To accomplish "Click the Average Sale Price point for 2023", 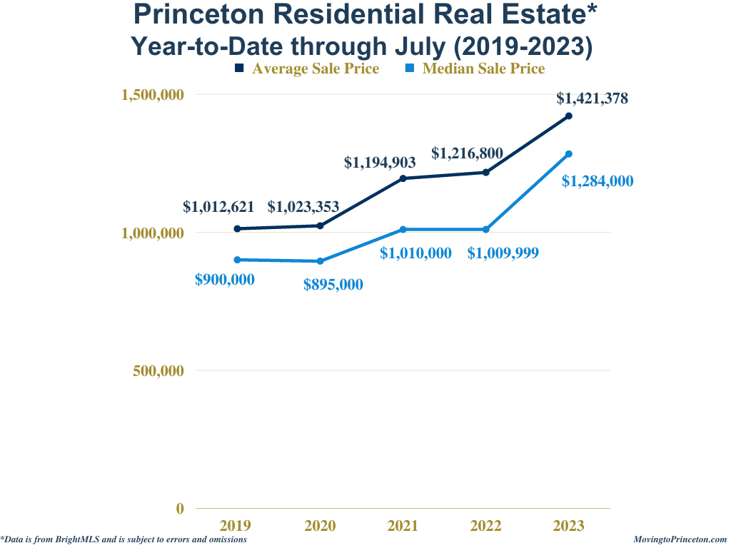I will click(x=569, y=116).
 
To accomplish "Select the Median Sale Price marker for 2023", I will click(x=569, y=153).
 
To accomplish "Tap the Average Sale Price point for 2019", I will click(x=237, y=228).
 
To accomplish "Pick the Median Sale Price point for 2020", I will click(x=320, y=261).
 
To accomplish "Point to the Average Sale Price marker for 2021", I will click(x=403, y=178).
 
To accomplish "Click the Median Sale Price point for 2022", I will click(x=486, y=229).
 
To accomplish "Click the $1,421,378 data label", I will click(x=592, y=99).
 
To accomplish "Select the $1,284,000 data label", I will click(x=597, y=181).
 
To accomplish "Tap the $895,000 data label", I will click(x=333, y=285).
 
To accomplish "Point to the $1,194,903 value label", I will click(x=380, y=163).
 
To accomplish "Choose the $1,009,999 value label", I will click(x=503, y=253).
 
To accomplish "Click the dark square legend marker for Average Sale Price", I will click(x=240, y=68).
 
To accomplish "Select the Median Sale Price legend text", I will click(x=483, y=68).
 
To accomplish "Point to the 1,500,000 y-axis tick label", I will click(x=152, y=95).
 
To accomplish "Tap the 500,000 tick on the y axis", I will click(x=157, y=371).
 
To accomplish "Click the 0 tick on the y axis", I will click(x=180, y=509).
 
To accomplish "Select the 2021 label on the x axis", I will click(x=403, y=527).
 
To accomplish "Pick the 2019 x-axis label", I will click(x=236, y=527).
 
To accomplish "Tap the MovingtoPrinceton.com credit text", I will click(x=680, y=540).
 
